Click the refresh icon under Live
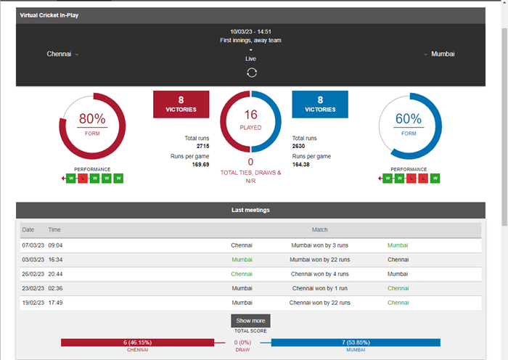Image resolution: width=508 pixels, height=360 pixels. (251, 72)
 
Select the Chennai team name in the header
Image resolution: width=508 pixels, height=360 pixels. (59, 54)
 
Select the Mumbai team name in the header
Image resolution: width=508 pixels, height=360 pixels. (443, 54)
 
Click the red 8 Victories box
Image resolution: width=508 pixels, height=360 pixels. (181, 105)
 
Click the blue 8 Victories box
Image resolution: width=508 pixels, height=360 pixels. (320, 105)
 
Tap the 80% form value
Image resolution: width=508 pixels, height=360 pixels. (92, 119)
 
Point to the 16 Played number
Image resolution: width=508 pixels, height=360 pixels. (251, 115)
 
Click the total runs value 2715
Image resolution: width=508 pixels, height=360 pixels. (202, 146)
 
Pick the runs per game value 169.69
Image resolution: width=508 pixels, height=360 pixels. (200, 165)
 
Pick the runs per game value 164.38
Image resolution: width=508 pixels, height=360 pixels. (301, 165)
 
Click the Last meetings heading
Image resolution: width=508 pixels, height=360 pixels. (250, 210)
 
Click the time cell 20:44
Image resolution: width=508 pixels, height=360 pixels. (56, 274)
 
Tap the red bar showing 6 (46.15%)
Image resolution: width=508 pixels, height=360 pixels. (137, 342)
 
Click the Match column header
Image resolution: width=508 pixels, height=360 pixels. (319, 229)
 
